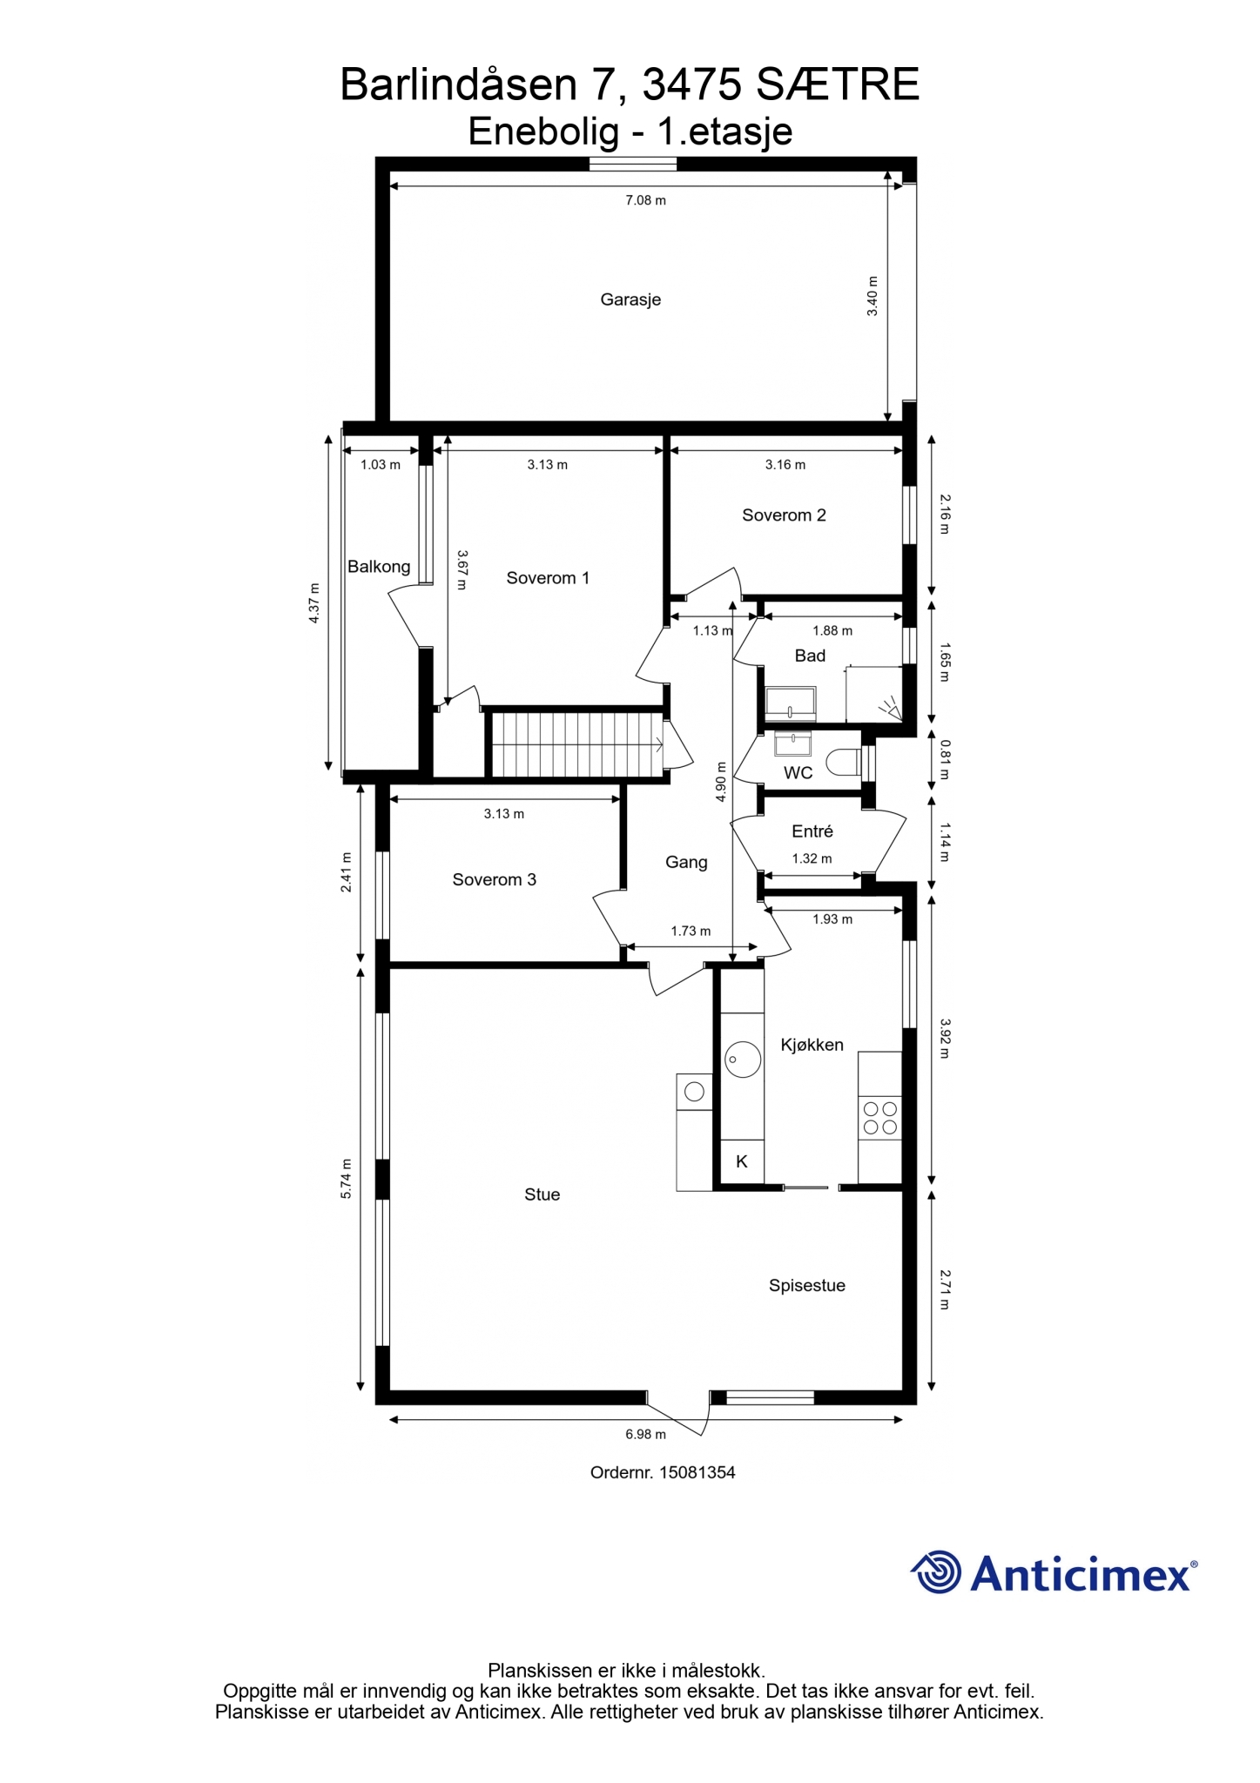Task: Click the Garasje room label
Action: (630, 299)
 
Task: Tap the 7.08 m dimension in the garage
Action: (645, 200)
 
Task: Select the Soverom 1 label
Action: (548, 578)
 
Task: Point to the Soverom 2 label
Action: (784, 515)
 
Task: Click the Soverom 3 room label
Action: (494, 879)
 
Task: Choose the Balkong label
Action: (379, 567)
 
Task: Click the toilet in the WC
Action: (842, 763)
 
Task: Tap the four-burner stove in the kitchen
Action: (879, 1119)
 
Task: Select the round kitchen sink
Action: (743, 1060)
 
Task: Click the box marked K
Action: (742, 1161)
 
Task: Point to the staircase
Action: (576, 745)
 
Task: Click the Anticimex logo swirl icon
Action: (937, 1572)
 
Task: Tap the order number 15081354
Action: (697, 1473)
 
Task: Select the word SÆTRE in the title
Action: (838, 84)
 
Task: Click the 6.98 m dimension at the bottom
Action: (645, 1434)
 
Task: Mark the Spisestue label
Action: (806, 1286)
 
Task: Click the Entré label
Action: (812, 831)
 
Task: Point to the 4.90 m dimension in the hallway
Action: (720, 782)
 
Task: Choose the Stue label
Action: (542, 1195)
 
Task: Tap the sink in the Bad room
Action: (791, 703)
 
